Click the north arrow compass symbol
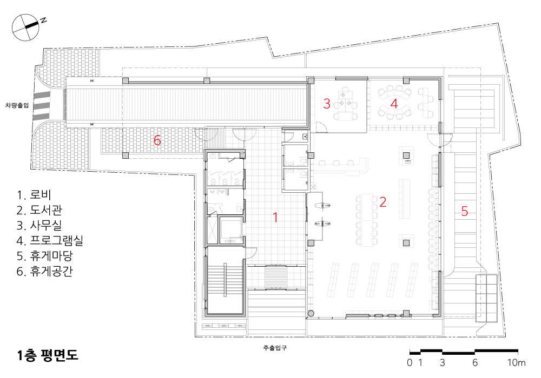26,28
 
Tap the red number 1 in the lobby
275,217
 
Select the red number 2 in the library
382,202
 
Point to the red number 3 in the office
327,103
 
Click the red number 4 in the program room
394,103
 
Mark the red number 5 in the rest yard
464,211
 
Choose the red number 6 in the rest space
157,140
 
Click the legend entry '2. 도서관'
39,210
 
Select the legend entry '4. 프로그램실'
50,240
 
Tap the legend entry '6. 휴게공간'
44,271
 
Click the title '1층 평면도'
48,355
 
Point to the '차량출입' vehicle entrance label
17,105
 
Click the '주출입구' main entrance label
275,348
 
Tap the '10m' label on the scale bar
516,362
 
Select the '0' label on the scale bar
410,362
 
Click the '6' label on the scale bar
475,362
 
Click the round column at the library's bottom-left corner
311,314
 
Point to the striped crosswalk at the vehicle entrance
42,106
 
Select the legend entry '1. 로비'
34,195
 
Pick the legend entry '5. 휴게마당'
44,256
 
